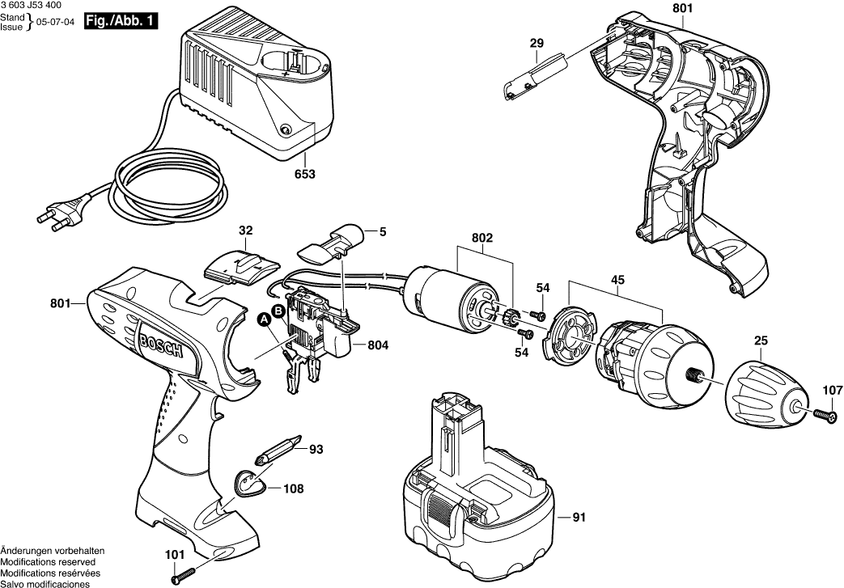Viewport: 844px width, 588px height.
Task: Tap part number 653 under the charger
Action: point(304,174)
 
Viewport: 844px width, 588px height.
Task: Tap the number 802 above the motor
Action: point(483,238)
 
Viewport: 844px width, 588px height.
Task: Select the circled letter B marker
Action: point(278,310)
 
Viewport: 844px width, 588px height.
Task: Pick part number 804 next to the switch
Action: point(378,345)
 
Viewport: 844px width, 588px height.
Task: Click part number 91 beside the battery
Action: point(578,518)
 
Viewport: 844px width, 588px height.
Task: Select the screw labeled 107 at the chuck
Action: point(823,415)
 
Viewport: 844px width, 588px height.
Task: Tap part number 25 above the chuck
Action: point(761,343)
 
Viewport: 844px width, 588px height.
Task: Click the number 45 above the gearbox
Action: point(617,281)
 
